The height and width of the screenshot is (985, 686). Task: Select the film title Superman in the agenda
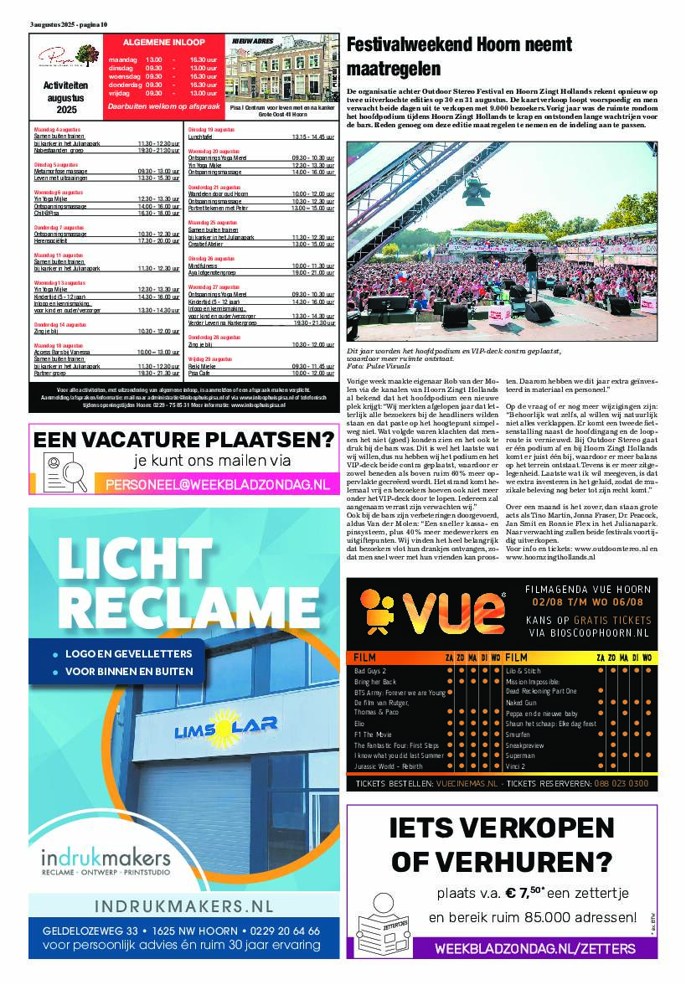(520, 755)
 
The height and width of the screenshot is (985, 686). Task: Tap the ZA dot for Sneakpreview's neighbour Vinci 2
(601, 766)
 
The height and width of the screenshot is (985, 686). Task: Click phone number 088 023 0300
(621, 783)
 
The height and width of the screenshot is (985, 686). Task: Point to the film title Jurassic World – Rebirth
(389, 766)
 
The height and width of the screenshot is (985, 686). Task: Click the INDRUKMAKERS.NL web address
(183, 906)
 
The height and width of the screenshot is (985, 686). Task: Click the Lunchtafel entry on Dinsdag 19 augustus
(201, 137)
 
